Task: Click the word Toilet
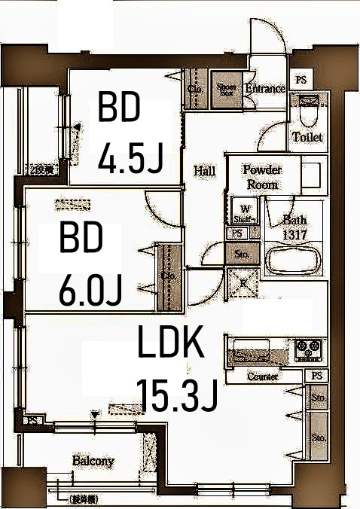click(x=307, y=137)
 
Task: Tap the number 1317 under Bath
click(x=294, y=233)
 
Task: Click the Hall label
click(x=204, y=171)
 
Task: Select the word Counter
click(x=263, y=376)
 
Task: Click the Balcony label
click(x=93, y=460)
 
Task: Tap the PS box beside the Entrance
click(x=301, y=79)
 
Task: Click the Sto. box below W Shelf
click(x=243, y=254)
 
